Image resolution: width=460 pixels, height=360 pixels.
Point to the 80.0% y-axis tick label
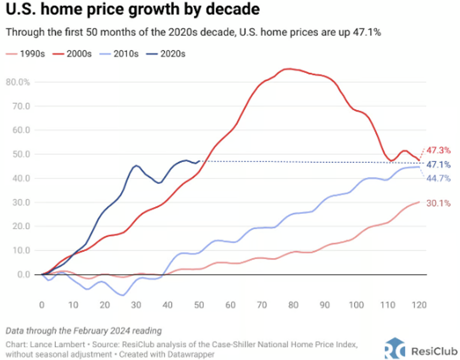pyautogui.click(x=18, y=82)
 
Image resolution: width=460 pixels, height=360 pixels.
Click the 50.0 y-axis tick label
pyautogui.click(x=21, y=154)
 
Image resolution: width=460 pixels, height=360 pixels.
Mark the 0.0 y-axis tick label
pyautogui.click(x=24, y=275)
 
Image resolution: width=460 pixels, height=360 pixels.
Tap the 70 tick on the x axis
pyautogui.click(x=262, y=305)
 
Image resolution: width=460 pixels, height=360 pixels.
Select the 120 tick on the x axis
pyautogui.click(x=419, y=305)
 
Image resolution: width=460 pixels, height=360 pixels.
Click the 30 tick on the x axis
pyautogui.click(x=136, y=305)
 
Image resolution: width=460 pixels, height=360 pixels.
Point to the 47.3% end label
pyautogui.click(x=438, y=150)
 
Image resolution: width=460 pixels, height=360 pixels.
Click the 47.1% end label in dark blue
pyautogui.click(x=438, y=164)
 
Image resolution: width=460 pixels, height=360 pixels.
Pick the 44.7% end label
pyautogui.click(x=438, y=178)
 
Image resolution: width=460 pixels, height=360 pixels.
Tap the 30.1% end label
pyautogui.click(x=438, y=203)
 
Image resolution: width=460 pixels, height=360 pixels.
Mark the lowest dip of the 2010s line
pyautogui.click(x=123, y=295)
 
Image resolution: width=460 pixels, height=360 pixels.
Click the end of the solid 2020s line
pyautogui.click(x=199, y=161)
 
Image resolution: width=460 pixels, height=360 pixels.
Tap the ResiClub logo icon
pyautogui.click(x=395, y=349)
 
